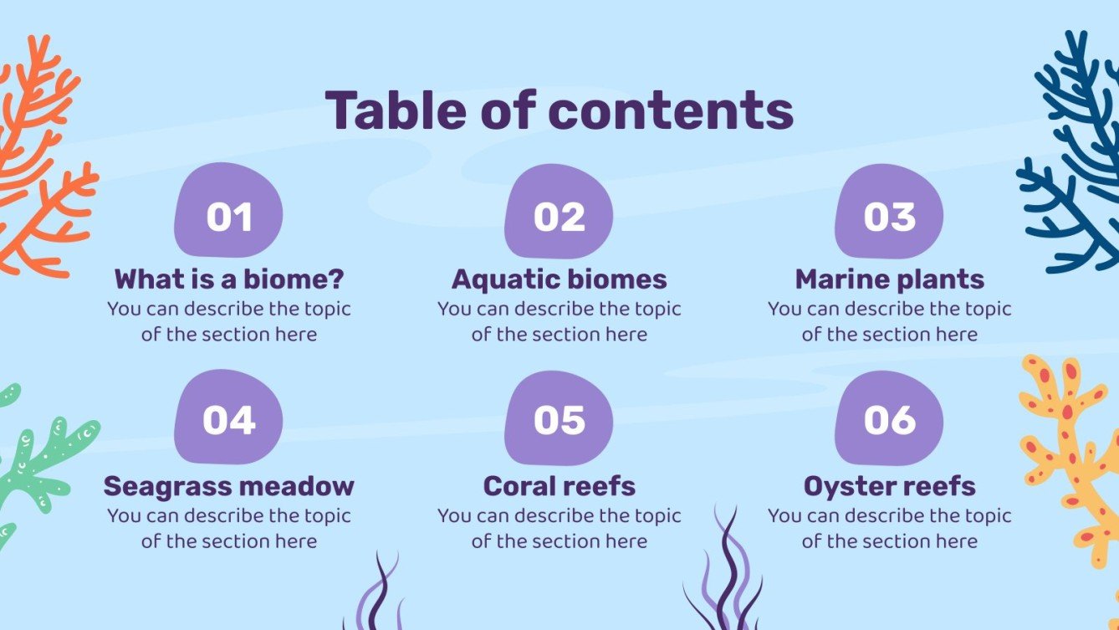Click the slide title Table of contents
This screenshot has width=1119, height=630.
click(559, 110)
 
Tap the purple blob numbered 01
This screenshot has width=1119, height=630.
click(228, 213)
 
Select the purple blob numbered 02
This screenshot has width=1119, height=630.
click(559, 213)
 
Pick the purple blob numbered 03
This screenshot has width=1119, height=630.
click(889, 213)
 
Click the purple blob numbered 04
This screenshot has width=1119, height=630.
click(228, 418)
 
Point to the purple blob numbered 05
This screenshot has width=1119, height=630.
click(559, 418)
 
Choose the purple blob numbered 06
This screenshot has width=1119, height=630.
click(889, 418)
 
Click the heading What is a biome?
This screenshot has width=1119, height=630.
click(228, 279)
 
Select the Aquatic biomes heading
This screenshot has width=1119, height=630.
click(559, 279)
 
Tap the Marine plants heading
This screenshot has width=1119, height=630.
click(889, 279)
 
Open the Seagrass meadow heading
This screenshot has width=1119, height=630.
click(228, 485)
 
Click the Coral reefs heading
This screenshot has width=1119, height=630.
click(559, 485)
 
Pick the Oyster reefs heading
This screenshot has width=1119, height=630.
click(889, 485)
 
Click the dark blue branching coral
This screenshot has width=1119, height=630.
click(1070, 151)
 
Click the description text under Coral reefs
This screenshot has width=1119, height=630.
click(559, 528)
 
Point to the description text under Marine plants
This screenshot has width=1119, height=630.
click(889, 321)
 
